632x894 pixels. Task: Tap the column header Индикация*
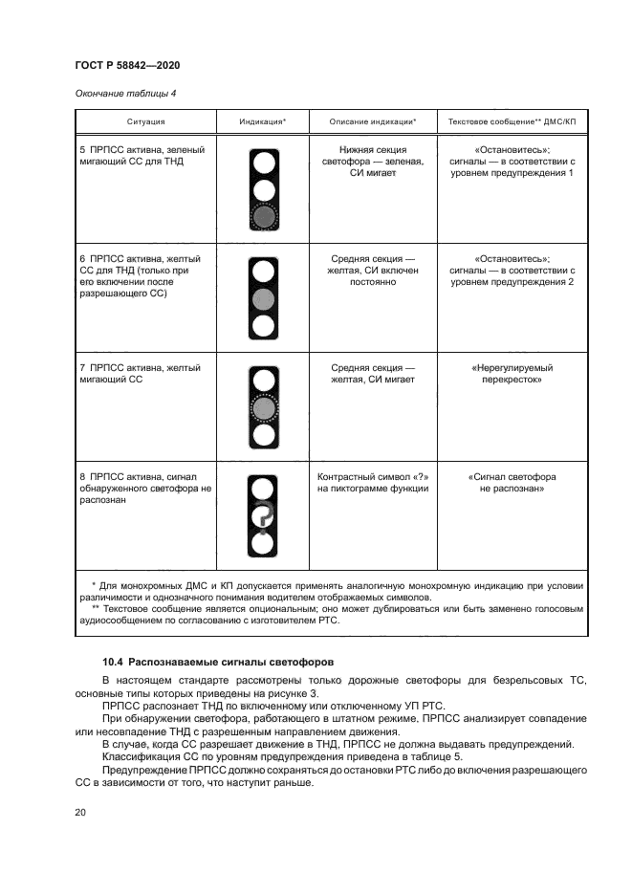coord(263,122)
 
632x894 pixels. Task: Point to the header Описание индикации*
coord(372,122)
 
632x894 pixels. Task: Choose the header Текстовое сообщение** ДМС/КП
coord(512,122)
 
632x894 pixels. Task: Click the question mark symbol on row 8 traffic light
coord(263,516)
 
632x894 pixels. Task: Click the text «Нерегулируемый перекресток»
coord(512,374)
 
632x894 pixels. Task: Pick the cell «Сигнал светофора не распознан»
coord(512,482)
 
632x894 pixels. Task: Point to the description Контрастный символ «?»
coord(372,482)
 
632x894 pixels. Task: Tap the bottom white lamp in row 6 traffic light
coord(263,326)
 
